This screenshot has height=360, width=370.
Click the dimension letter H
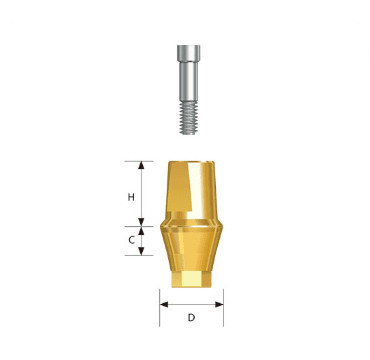point(131,197)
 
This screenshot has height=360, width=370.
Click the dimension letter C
point(131,241)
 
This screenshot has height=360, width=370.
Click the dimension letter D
point(191,318)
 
